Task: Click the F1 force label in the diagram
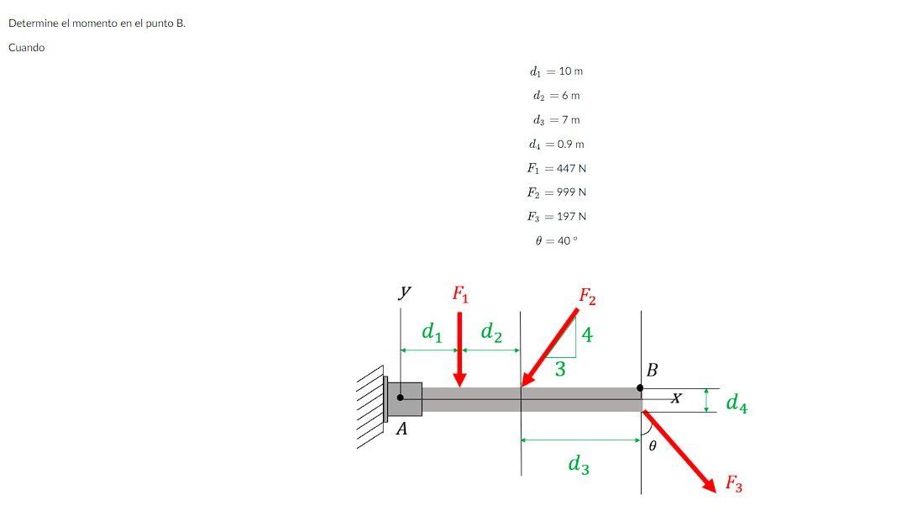click(461, 294)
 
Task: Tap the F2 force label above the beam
click(587, 297)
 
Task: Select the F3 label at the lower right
click(733, 483)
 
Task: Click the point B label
click(653, 370)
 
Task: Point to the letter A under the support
click(401, 429)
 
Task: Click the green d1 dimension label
click(432, 333)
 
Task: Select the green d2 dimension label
click(491, 334)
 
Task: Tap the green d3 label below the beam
click(578, 463)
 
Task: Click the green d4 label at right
click(737, 403)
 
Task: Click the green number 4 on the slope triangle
click(587, 335)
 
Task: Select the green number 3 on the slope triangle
click(560, 369)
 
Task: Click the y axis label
click(405, 292)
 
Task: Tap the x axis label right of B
click(676, 399)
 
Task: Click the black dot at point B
click(640, 388)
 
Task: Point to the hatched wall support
click(370, 410)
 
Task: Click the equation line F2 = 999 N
click(556, 192)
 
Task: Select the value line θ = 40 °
click(556, 240)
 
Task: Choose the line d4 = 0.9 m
click(556, 145)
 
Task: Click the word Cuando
click(27, 48)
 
